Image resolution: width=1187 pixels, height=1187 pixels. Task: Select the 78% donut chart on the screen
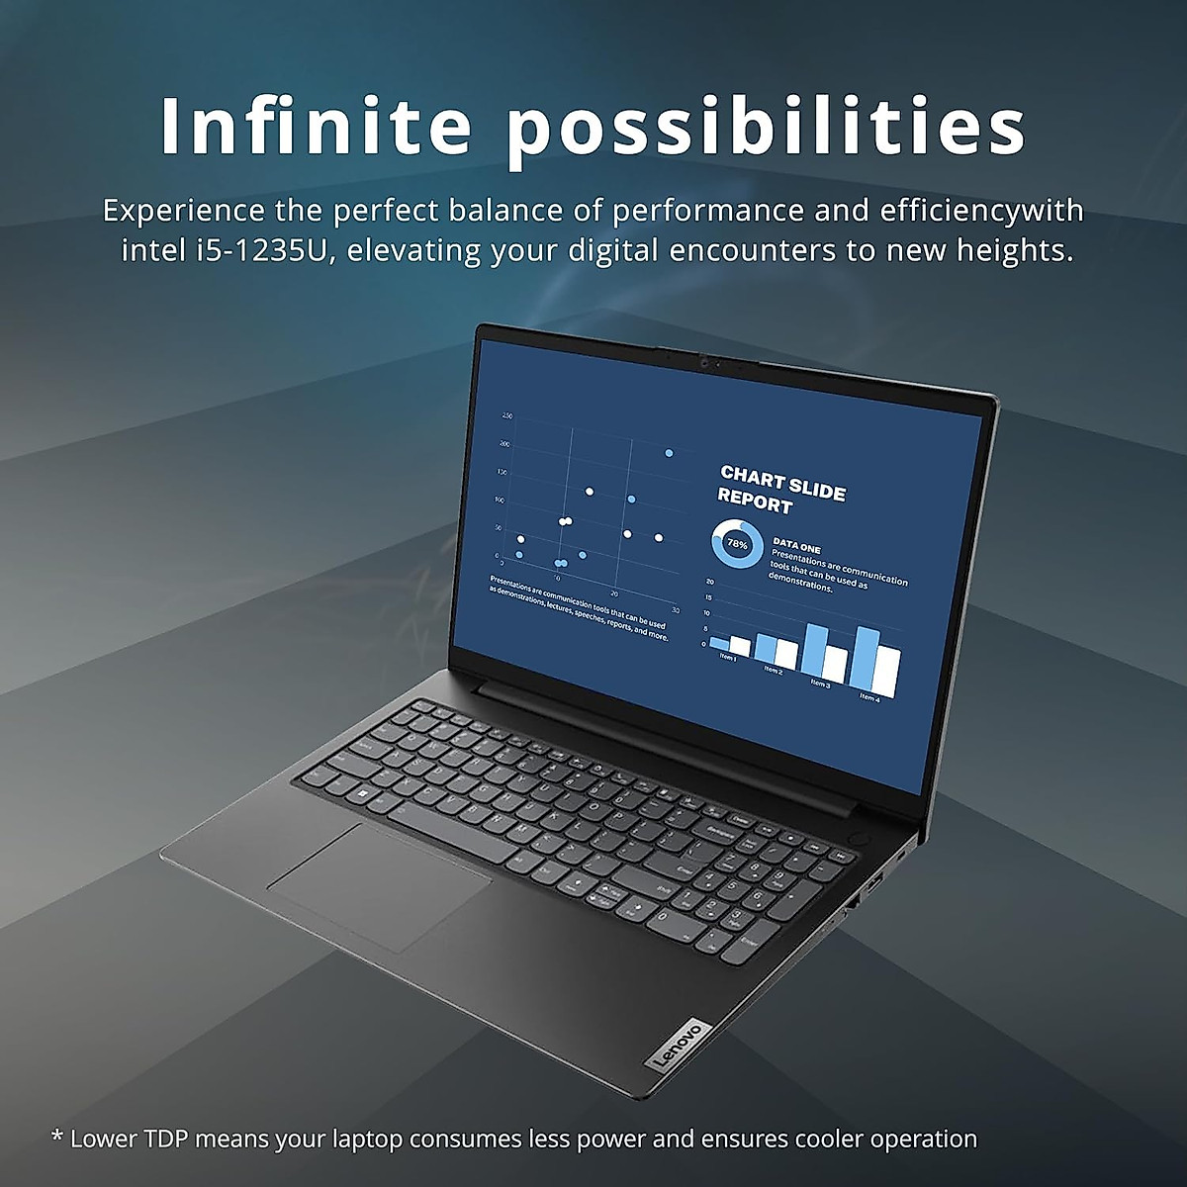point(737,543)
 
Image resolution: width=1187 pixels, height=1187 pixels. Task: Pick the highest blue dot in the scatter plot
point(669,452)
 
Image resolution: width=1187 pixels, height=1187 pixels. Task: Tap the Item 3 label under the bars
point(820,683)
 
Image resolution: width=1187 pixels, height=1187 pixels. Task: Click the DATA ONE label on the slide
point(796,547)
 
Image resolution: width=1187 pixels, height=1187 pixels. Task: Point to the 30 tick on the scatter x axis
point(675,609)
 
